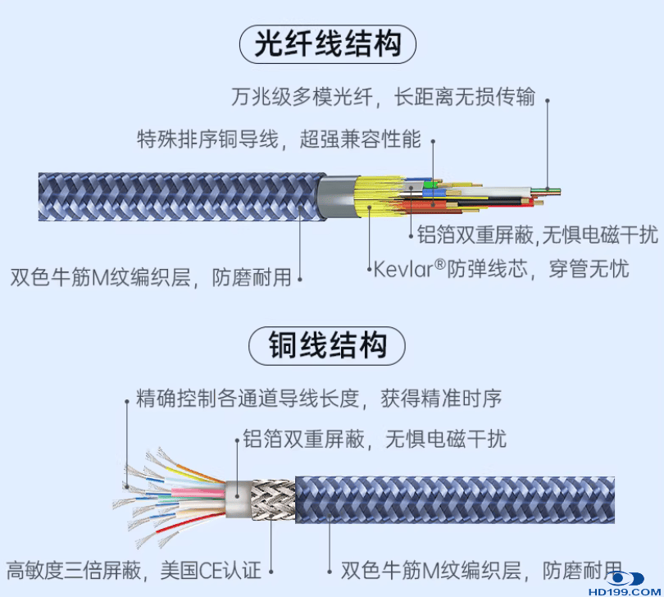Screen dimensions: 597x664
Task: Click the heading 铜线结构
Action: click(327, 346)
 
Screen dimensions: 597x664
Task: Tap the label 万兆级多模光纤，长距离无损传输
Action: click(383, 98)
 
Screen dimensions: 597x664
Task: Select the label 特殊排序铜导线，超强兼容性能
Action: click(279, 139)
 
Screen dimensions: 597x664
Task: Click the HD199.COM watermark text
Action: click(625, 590)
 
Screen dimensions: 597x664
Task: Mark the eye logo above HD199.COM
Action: click(625, 577)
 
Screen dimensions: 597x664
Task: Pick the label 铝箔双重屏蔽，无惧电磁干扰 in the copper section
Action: click(375, 439)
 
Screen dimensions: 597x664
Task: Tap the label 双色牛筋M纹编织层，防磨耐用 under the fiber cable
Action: click(152, 277)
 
